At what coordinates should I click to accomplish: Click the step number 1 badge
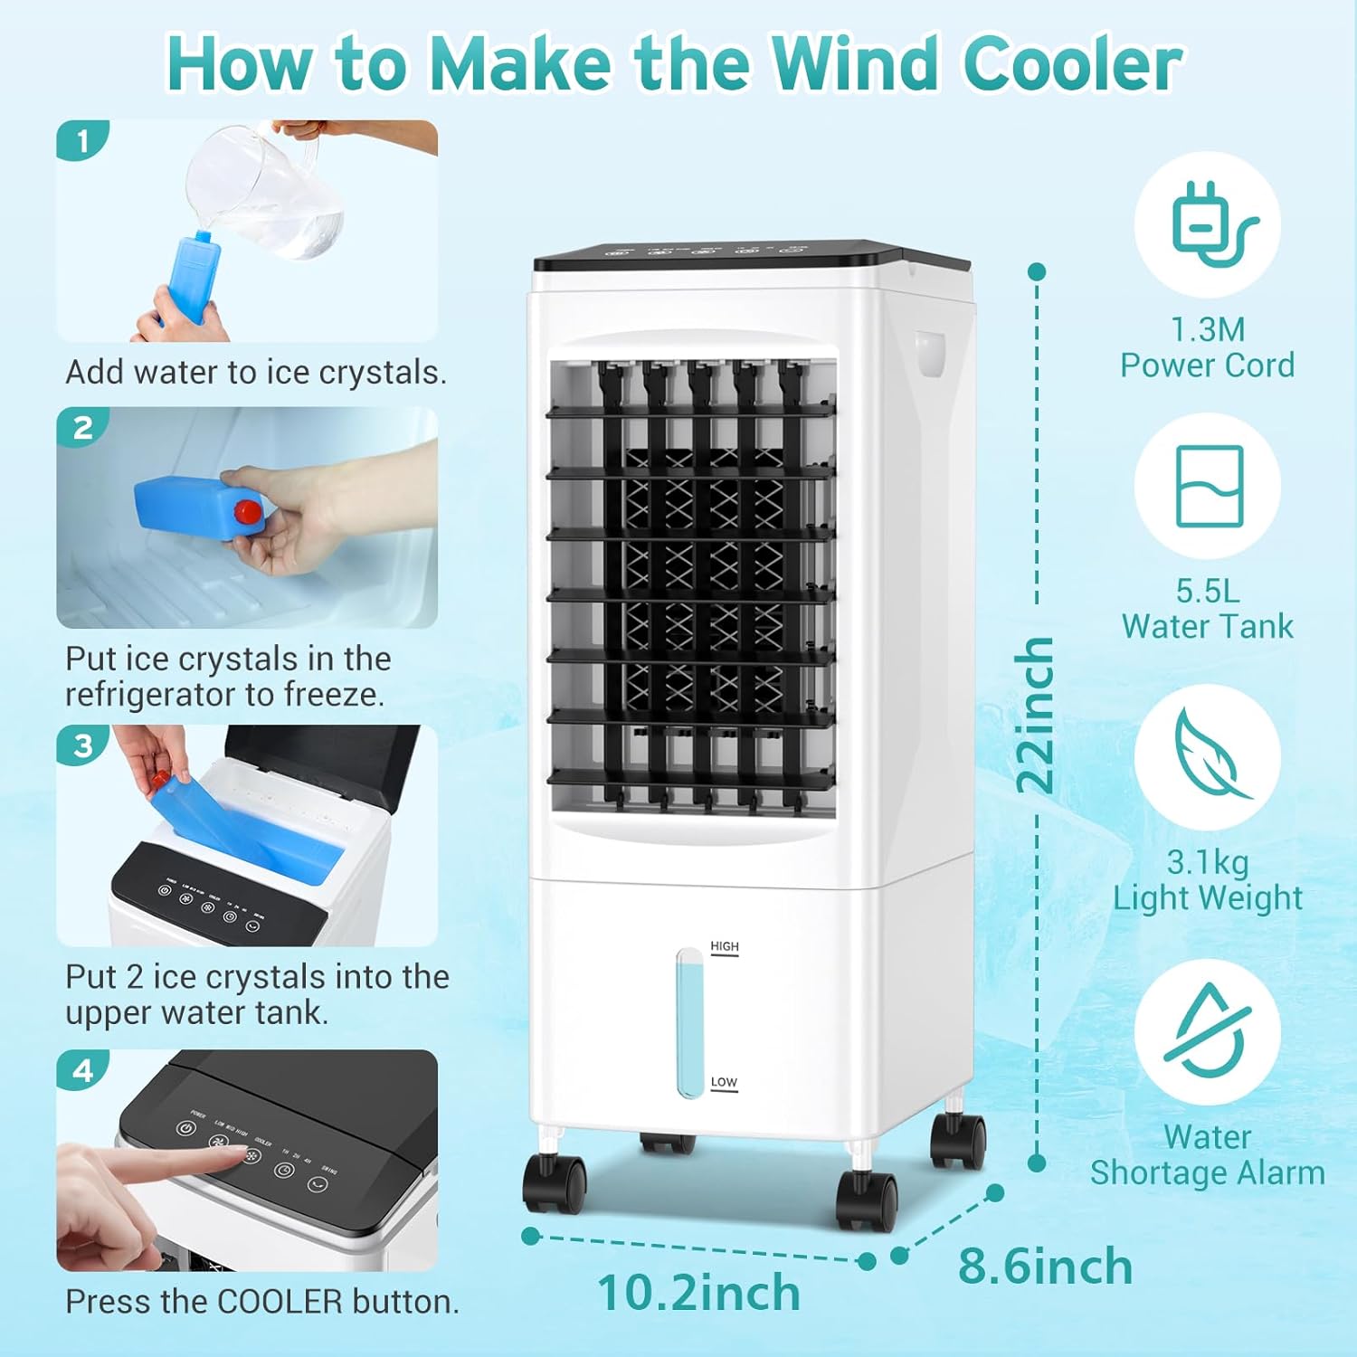[x=83, y=142]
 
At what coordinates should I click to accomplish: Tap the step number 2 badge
[x=83, y=428]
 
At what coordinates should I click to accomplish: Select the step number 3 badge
[x=83, y=746]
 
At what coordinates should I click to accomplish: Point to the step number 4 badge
[x=83, y=1071]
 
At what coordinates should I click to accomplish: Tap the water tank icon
[x=1210, y=486]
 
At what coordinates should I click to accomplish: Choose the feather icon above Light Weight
[x=1210, y=755]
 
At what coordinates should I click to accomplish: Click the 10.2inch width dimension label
[x=698, y=1293]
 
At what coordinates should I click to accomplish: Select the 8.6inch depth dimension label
[x=1045, y=1267]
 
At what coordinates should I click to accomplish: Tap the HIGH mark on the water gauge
[x=725, y=946]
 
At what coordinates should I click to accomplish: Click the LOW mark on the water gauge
[x=724, y=1082]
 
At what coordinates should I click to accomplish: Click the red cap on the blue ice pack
[x=247, y=513]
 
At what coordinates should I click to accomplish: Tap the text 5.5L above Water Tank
[x=1207, y=591]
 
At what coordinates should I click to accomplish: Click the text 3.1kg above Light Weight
[x=1207, y=862]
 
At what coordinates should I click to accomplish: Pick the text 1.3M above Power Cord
[x=1207, y=329]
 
